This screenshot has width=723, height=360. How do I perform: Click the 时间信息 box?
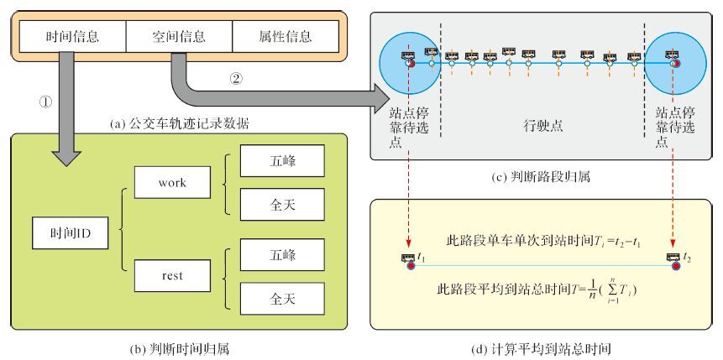(72, 36)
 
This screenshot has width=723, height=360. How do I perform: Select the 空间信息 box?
(179, 36)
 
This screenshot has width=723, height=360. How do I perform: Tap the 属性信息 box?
(286, 36)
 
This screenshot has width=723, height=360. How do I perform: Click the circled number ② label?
(236, 81)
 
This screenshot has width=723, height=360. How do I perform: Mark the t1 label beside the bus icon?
(422, 258)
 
